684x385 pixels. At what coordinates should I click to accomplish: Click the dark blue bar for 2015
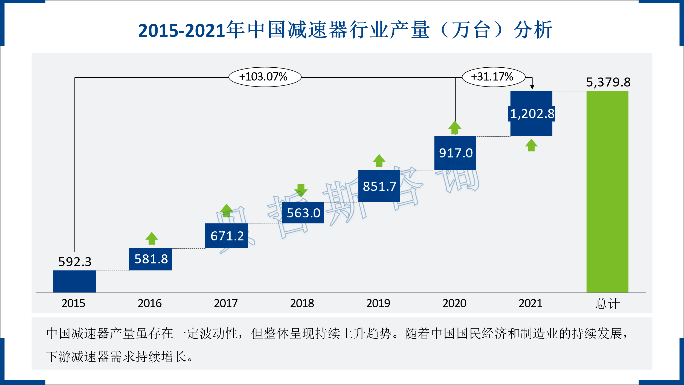[74, 281]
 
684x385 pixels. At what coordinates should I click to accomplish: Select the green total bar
[607, 192]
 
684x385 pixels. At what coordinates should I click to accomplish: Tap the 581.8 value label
[151, 259]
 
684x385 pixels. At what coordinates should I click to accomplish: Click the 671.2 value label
[227, 236]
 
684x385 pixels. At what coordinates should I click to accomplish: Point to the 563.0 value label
[303, 213]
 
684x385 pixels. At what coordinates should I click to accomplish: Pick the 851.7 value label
[379, 186]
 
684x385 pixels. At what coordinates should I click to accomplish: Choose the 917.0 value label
[456, 153]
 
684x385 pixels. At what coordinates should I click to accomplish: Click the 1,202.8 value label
[532, 114]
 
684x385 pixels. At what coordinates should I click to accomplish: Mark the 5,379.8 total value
[608, 82]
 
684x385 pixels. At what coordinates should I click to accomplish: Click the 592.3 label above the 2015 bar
[75, 262]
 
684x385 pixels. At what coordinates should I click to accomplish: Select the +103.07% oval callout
[265, 77]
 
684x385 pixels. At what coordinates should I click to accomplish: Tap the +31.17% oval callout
[493, 77]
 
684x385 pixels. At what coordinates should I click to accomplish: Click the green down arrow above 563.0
[301, 190]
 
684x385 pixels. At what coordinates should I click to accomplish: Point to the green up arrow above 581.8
[152, 238]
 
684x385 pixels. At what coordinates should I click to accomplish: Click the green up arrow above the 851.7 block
[379, 160]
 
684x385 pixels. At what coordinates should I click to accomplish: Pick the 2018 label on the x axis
[302, 303]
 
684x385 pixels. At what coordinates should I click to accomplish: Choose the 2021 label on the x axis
[530, 303]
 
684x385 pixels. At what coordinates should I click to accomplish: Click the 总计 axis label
[607, 304]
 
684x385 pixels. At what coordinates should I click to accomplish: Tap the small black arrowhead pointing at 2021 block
[532, 87]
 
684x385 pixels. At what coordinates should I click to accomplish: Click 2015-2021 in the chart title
[182, 30]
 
